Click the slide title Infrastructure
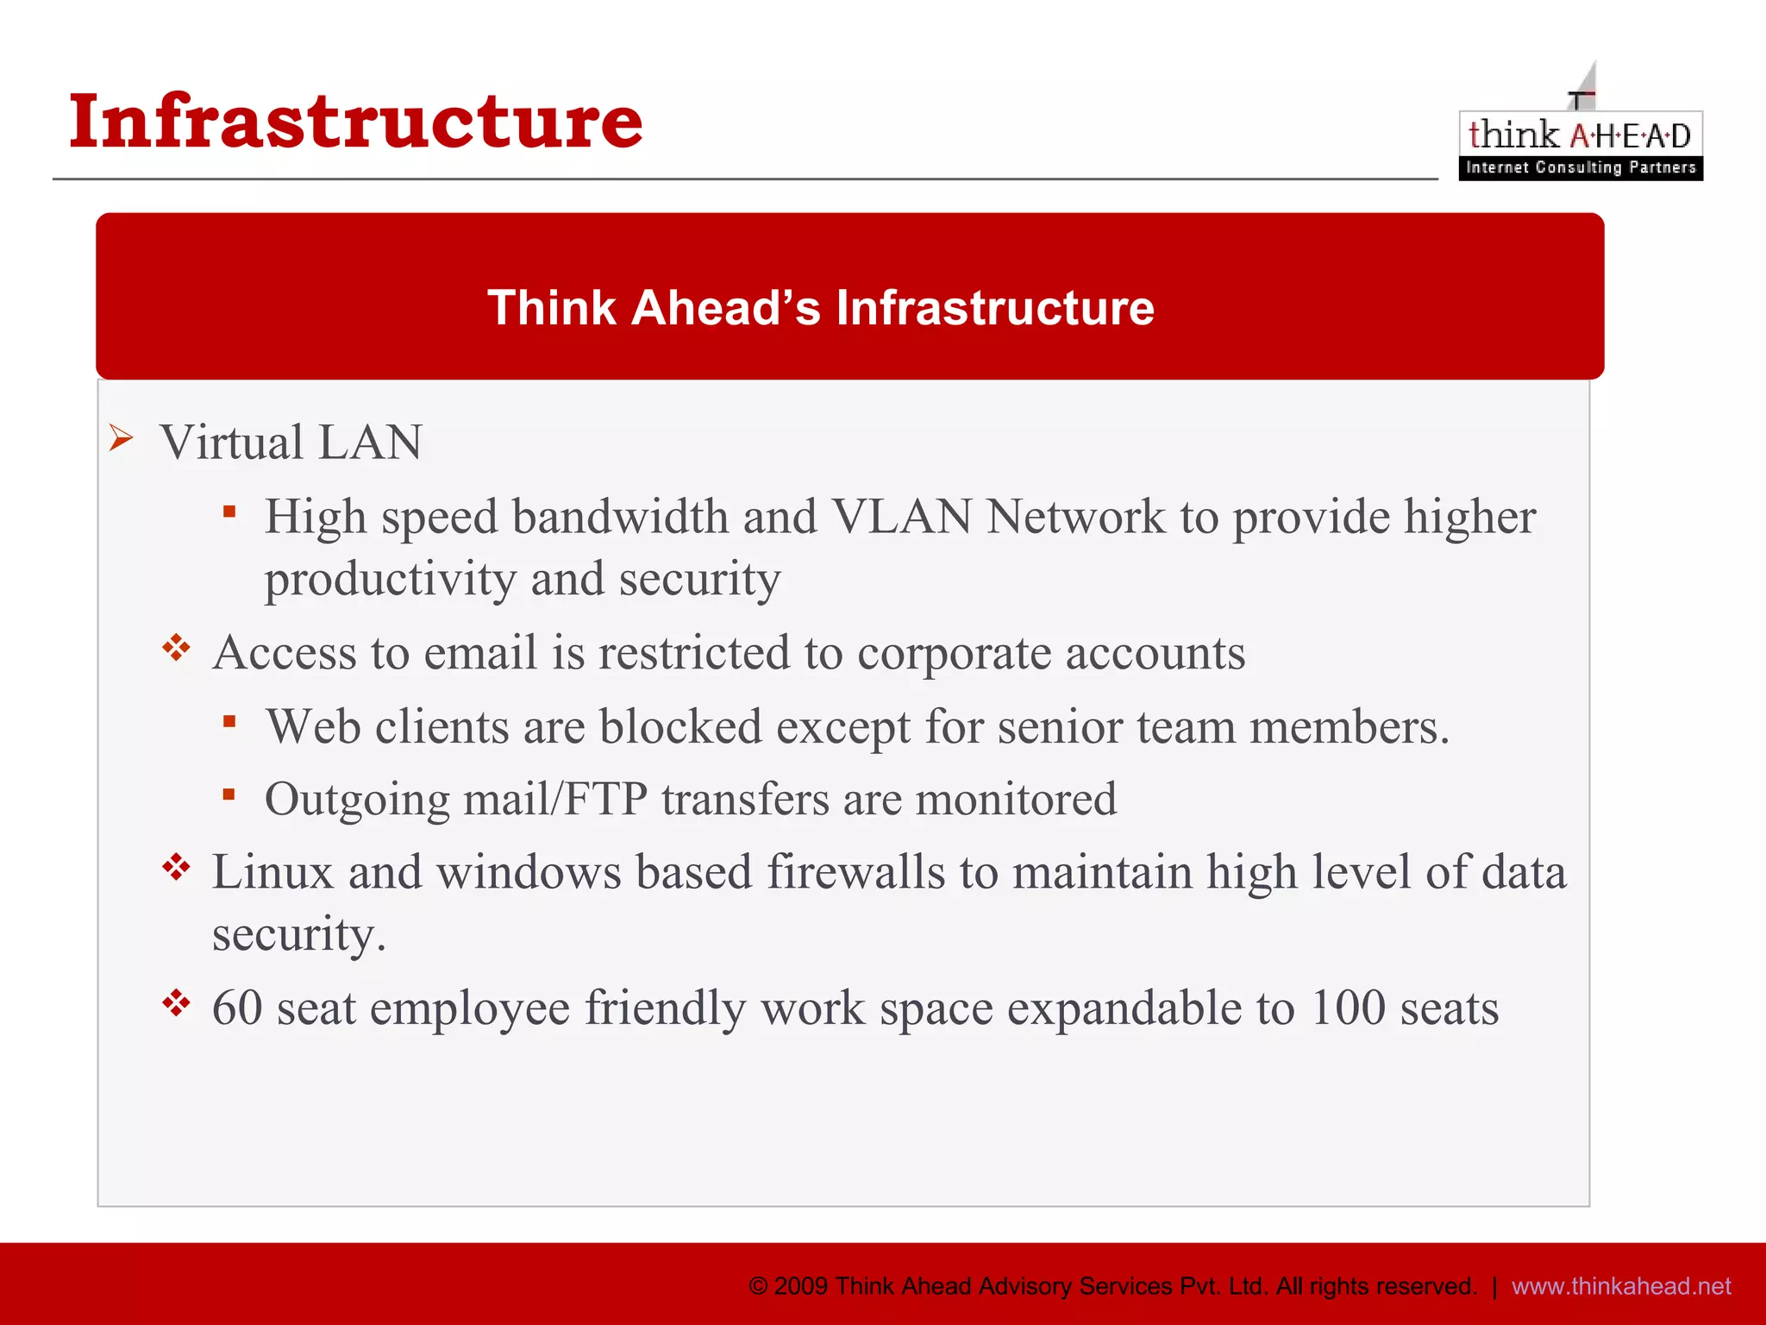(355, 121)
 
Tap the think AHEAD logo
(1580, 138)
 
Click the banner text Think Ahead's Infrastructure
(820, 308)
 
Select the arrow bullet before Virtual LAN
(122, 438)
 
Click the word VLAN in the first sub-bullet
(901, 518)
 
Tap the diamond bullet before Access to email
(176, 648)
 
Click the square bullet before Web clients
(229, 721)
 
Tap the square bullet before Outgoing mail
(229, 794)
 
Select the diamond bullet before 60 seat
(176, 1003)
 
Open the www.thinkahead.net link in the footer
(1621, 1286)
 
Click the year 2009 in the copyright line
(801, 1286)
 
